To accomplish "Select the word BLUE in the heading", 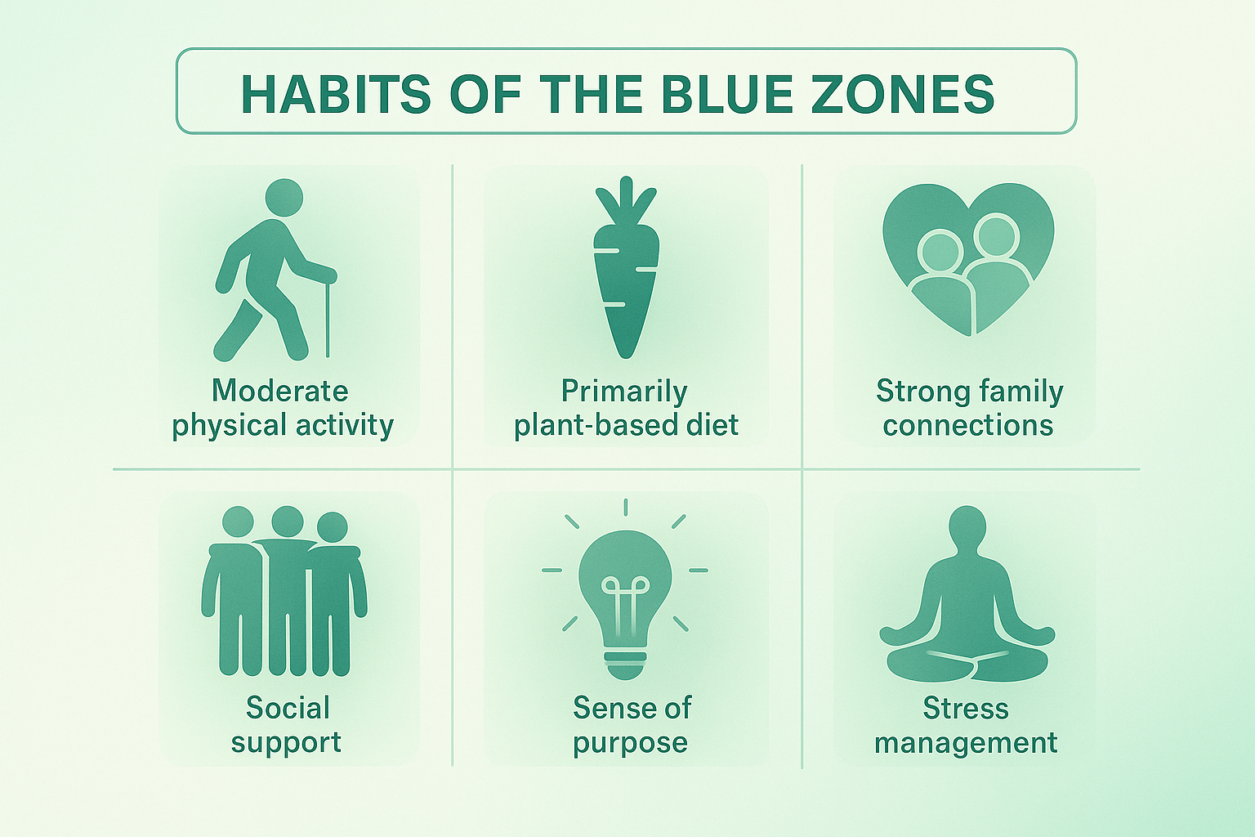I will click(x=726, y=94).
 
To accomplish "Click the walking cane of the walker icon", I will click(x=328, y=319).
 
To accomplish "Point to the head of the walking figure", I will click(x=284, y=197).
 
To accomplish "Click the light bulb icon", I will click(x=625, y=589).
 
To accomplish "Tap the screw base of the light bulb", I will click(x=625, y=663).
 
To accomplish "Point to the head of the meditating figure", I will click(x=967, y=524).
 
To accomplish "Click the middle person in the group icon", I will click(x=288, y=589).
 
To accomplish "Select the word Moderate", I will click(x=280, y=391).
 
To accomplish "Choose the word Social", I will click(x=288, y=708).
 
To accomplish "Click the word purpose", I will click(x=630, y=744).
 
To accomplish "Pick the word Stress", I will click(x=966, y=708).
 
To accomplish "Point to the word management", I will click(x=966, y=743).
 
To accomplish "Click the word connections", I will click(x=968, y=426).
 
